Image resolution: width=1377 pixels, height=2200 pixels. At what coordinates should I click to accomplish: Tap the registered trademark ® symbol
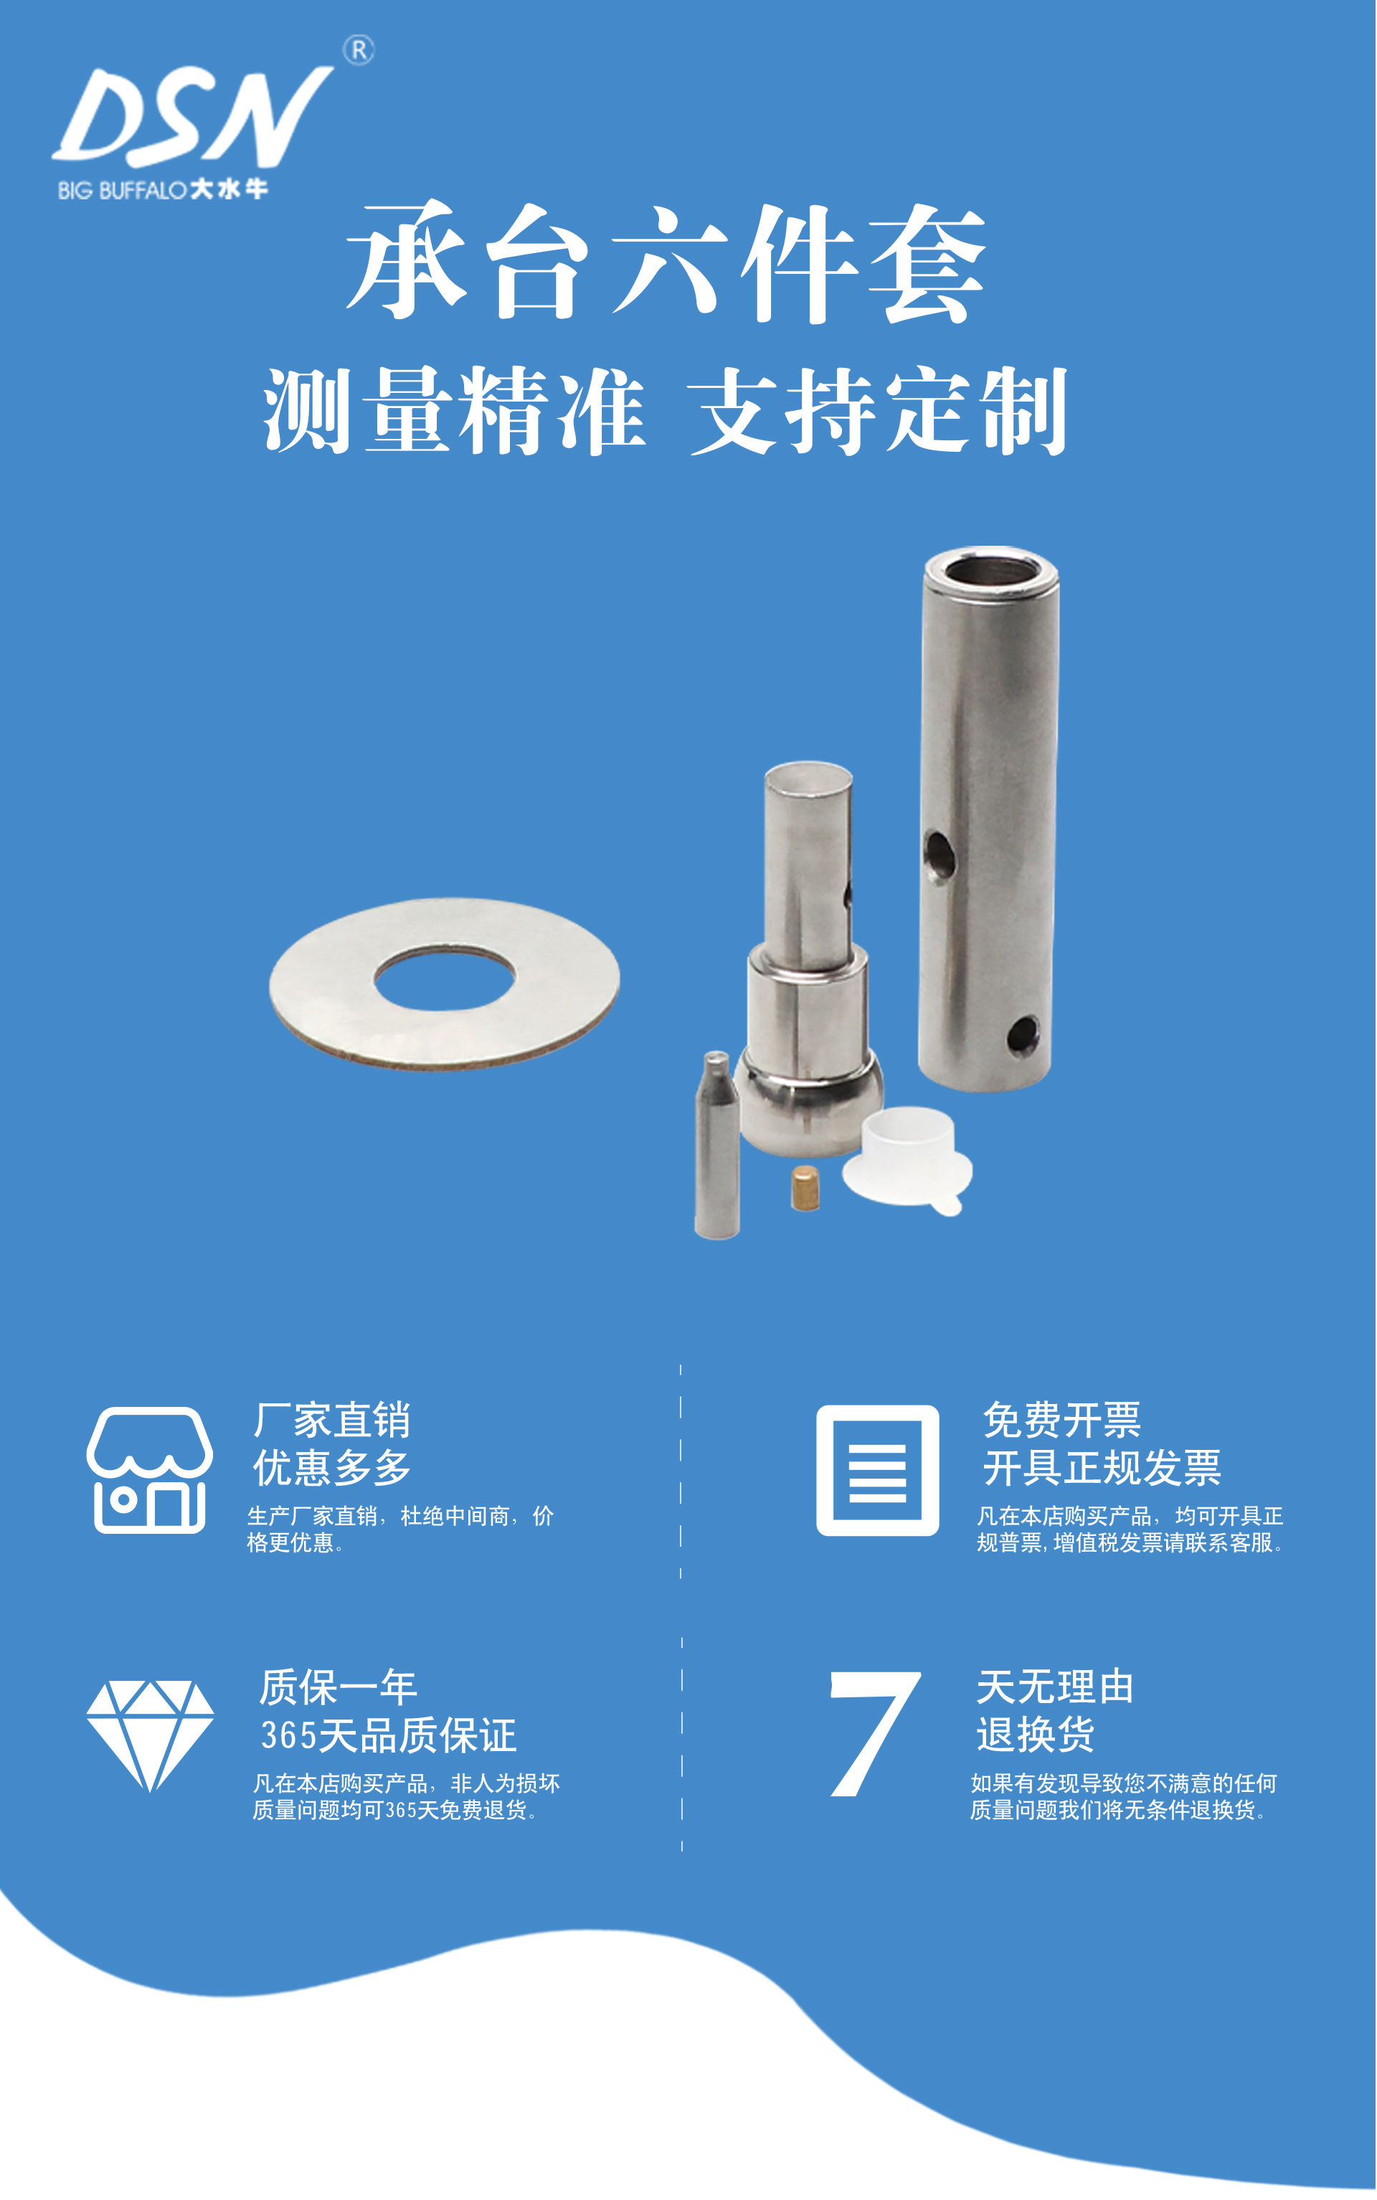(x=359, y=51)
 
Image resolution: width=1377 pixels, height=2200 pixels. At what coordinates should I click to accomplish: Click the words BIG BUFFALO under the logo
(x=122, y=190)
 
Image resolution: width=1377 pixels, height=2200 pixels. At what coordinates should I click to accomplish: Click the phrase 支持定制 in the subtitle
(x=878, y=411)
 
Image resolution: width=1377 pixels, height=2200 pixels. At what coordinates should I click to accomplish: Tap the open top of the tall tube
(x=992, y=573)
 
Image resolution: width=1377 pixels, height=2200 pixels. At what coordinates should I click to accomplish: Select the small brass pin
(x=805, y=1187)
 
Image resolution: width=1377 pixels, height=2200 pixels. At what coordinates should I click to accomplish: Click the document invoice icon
(x=877, y=1470)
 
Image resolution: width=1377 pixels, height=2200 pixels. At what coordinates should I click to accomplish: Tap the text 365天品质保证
(x=389, y=1735)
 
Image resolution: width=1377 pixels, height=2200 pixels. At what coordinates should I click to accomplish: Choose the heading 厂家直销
(x=331, y=1420)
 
